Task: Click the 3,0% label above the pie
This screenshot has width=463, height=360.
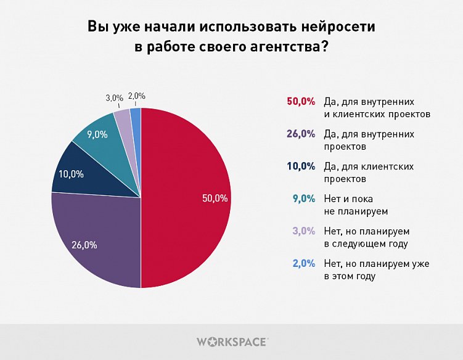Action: pos(115,98)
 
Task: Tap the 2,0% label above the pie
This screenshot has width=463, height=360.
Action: pos(137,96)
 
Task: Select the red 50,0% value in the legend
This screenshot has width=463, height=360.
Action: pos(301,102)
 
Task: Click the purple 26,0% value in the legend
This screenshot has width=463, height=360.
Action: pos(301,134)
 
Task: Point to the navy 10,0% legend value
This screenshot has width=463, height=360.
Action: pos(301,166)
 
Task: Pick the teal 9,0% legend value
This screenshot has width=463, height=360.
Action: pos(304,199)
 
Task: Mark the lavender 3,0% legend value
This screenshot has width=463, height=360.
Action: pos(304,231)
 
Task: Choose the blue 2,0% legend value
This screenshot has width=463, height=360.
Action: pos(304,263)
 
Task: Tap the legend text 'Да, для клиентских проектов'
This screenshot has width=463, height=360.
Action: pos(368,173)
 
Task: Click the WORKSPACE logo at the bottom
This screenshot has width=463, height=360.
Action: pos(232,341)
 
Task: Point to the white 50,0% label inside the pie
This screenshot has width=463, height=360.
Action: pos(215,198)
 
